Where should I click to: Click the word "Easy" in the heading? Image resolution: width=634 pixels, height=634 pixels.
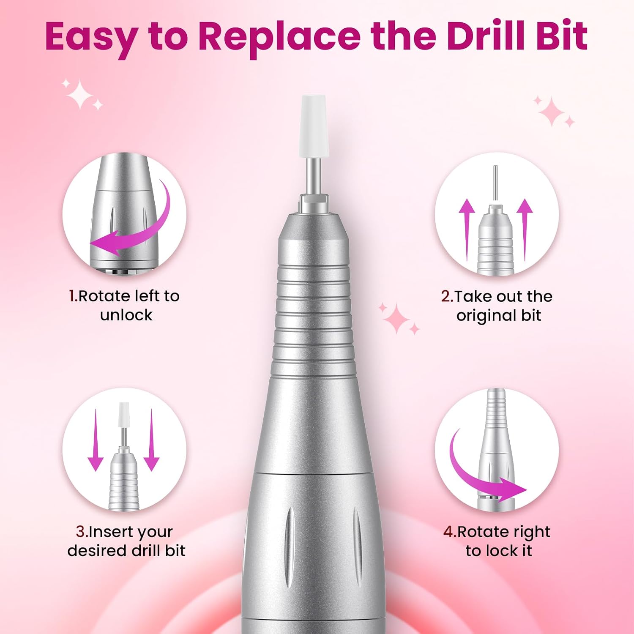tap(90, 38)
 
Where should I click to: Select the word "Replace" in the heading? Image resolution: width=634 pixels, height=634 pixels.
tap(279, 38)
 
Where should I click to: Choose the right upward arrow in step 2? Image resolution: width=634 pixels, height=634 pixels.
tap(525, 230)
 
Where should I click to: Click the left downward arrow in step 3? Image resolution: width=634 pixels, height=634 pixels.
tap(96, 440)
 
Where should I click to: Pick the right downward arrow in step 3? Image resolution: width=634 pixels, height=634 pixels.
tap(151, 440)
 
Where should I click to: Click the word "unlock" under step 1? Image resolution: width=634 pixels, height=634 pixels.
tap(126, 315)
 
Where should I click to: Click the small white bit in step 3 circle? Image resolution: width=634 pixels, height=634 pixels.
tap(123, 415)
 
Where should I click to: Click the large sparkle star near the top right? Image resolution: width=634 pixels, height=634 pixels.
tap(552, 111)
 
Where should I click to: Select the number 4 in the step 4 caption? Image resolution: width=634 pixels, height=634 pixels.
tap(448, 532)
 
